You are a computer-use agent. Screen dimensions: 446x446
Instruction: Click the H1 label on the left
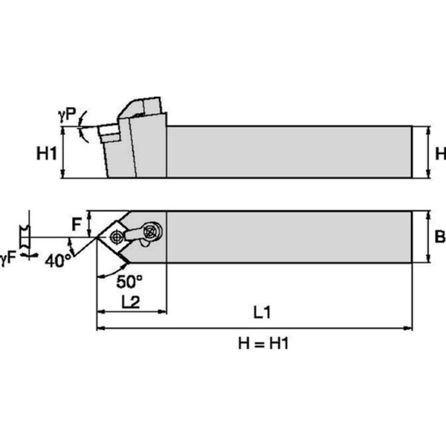[x=47, y=154]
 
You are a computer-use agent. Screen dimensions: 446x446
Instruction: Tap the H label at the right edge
[x=439, y=154]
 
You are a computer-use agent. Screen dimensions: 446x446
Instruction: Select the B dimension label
[x=439, y=237]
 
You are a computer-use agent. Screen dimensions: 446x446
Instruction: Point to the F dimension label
[x=77, y=222]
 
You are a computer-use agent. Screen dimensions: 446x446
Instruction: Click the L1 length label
[x=260, y=313]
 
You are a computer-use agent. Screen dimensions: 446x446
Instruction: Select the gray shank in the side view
[x=290, y=152]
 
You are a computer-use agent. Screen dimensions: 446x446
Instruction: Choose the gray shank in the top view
[x=290, y=236]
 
